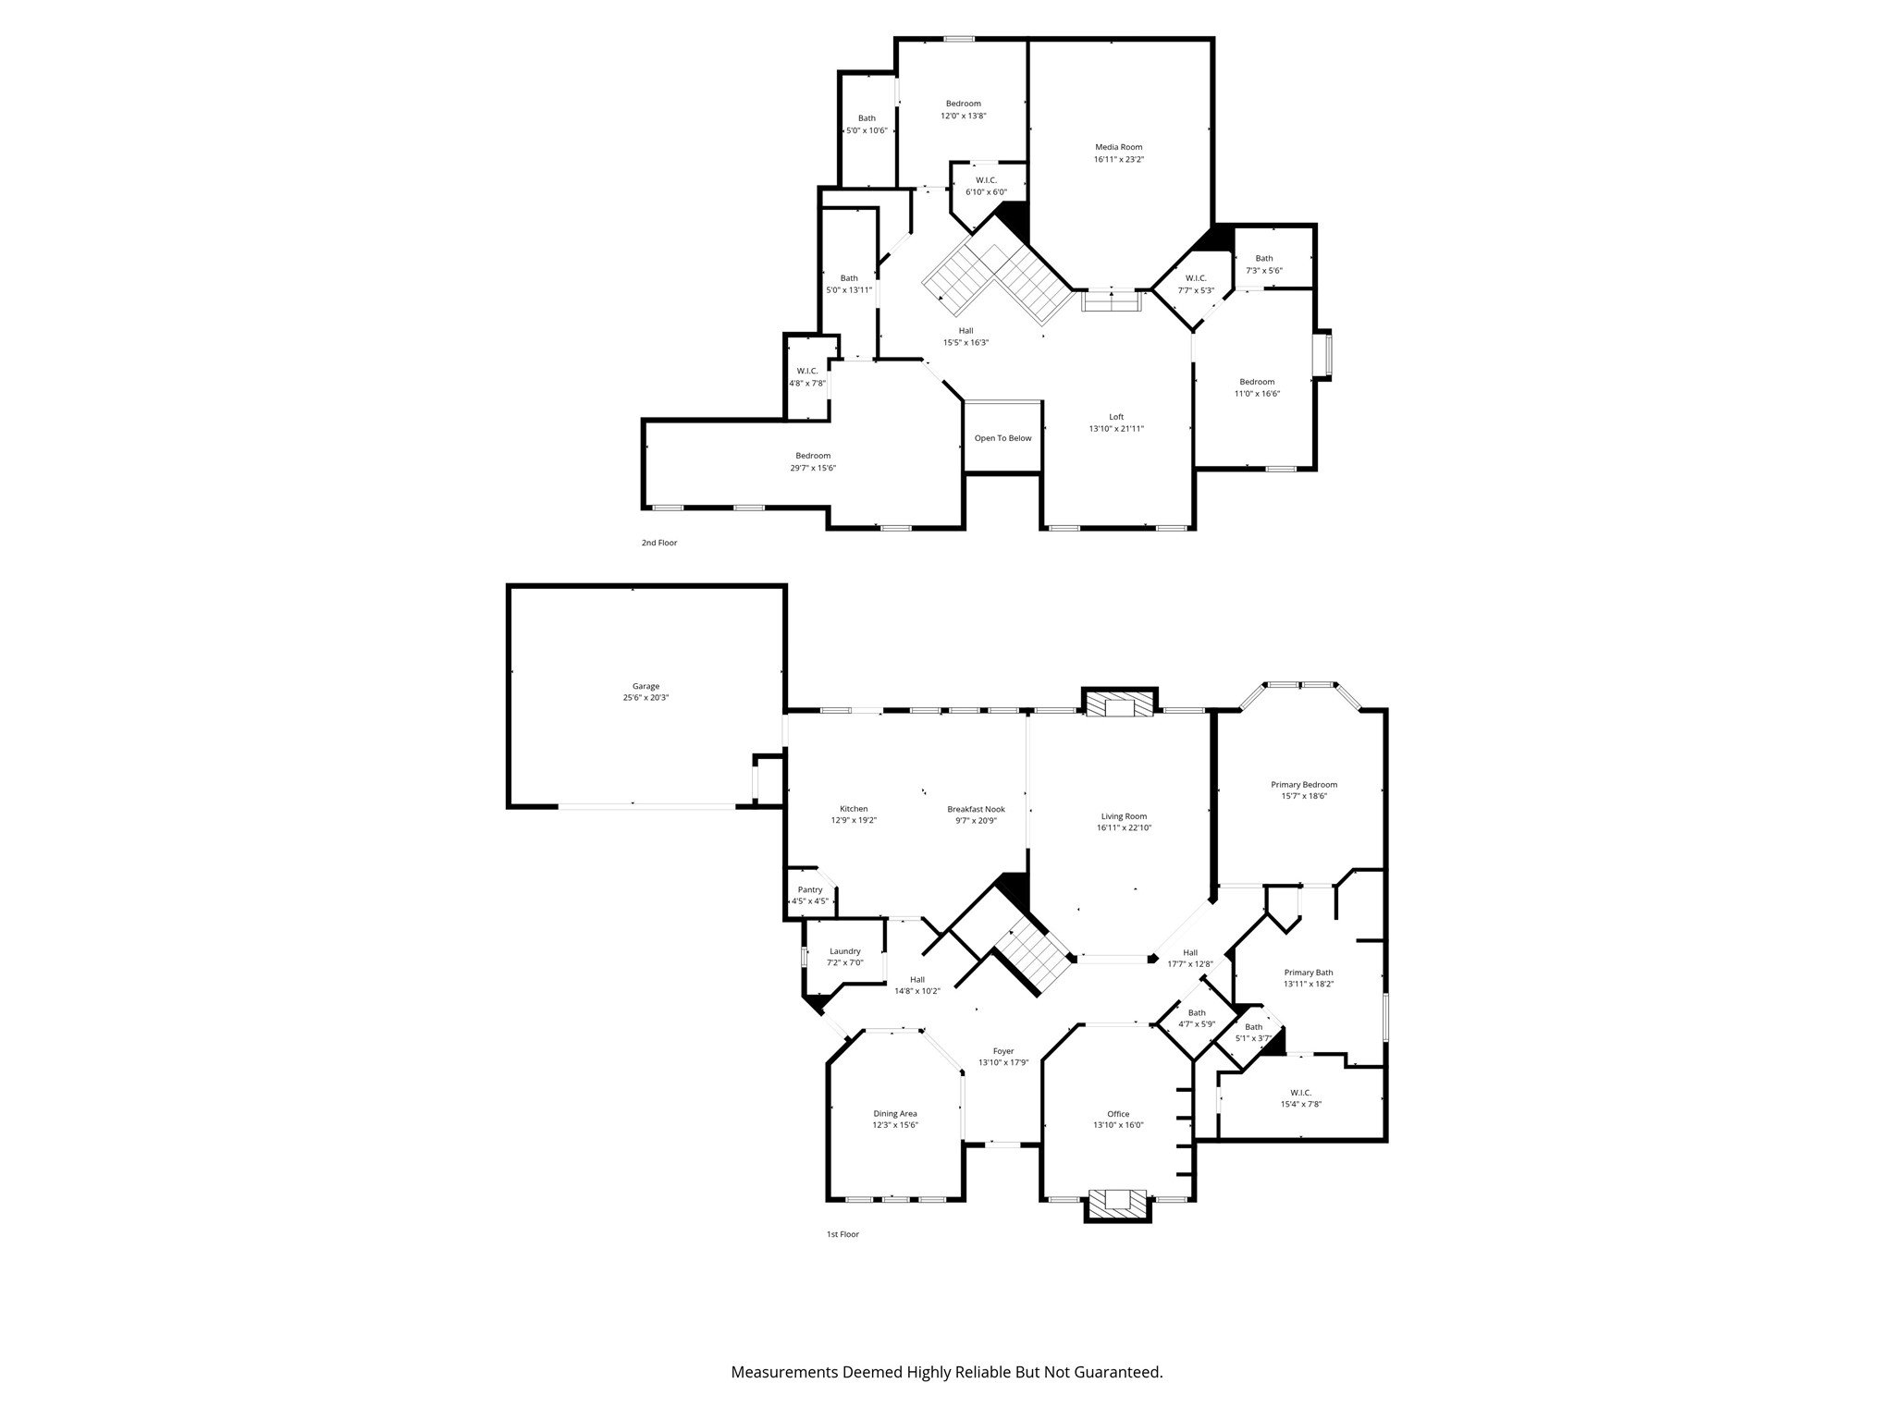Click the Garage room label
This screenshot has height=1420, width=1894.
coord(646,686)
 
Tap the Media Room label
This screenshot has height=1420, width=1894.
coord(1119,147)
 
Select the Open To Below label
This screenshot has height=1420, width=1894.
coord(1002,438)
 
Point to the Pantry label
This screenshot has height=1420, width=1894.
coord(810,889)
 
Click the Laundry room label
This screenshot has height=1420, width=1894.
coord(845,951)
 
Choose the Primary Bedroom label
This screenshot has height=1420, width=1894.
coord(1304,785)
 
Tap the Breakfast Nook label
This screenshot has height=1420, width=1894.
coord(976,809)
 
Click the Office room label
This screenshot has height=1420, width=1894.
coord(1118,1114)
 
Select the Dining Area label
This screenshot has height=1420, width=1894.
coord(895,1114)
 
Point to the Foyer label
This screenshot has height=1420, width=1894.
coord(1003,1051)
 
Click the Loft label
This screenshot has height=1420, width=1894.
coord(1116,417)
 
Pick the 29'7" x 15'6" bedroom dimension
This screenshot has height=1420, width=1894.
coord(813,468)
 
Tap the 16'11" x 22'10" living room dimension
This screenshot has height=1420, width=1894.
coord(1124,828)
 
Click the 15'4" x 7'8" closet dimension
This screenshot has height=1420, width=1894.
coord(1300,1104)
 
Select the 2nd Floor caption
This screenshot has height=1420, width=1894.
coord(659,543)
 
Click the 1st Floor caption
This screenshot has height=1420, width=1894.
coord(842,1234)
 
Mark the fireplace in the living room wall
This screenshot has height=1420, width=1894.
coord(1120,704)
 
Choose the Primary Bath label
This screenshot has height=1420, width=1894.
coord(1308,973)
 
